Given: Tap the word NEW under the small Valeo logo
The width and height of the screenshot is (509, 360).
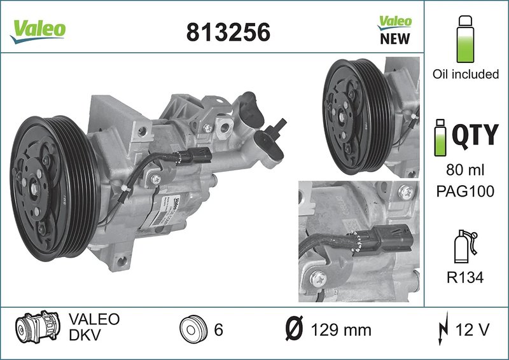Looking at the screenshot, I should (x=394, y=39).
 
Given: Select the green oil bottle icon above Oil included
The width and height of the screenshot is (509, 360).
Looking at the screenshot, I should (x=466, y=35).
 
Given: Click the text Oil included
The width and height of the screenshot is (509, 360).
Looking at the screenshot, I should (x=466, y=74).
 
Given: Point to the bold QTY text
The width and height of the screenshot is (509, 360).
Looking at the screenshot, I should (x=475, y=135).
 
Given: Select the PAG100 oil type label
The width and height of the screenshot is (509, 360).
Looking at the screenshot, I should (x=466, y=191).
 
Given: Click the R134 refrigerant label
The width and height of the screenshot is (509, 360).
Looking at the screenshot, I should (x=466, y=277).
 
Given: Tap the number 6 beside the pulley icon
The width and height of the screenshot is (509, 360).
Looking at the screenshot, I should (x=218, y=331).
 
